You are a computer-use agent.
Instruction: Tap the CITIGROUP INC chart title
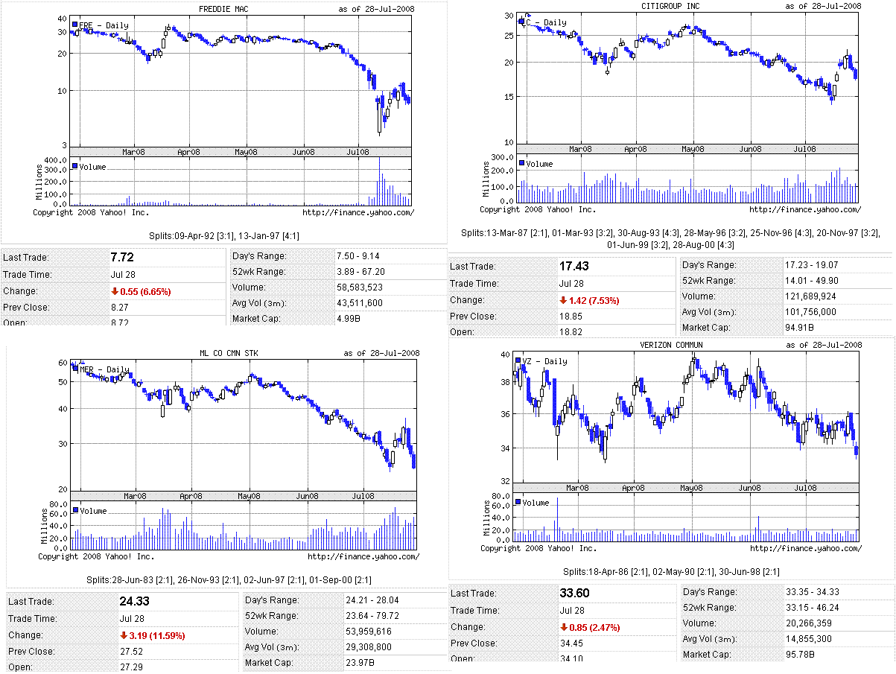tap(670, 6)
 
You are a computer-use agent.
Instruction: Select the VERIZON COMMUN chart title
tap(671, 345)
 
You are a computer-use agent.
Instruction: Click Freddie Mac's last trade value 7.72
tap(121, 257)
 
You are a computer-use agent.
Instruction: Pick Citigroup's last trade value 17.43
tap(573, 266)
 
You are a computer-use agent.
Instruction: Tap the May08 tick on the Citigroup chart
tap(693, 149)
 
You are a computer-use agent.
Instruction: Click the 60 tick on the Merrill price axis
tap(63, 363)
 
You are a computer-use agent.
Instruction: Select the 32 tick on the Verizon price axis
tap(505, 481)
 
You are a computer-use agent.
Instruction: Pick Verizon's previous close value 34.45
tap(571, 643)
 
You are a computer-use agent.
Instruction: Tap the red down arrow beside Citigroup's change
tap(563, 300)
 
